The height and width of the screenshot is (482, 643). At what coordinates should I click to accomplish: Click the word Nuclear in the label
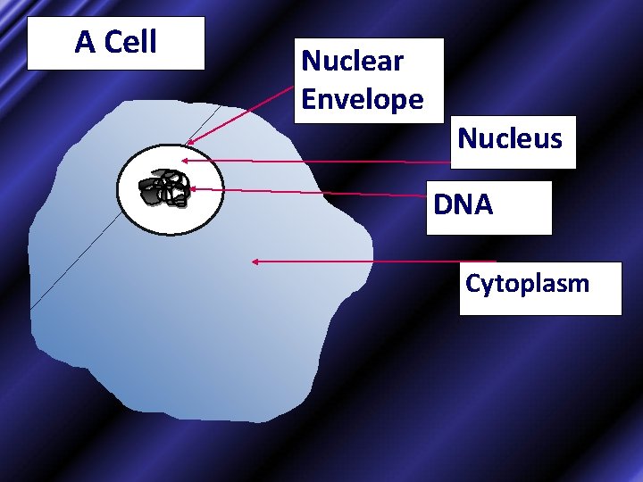point(352,62)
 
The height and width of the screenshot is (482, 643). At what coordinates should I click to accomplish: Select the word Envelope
point(362,99)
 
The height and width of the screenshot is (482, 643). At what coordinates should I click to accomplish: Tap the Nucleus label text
point(510,138)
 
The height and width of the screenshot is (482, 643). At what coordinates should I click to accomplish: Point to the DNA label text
point(463,205)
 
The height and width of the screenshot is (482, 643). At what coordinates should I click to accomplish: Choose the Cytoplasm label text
point(527,284)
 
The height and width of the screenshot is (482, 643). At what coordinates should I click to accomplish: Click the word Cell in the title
point(130,41)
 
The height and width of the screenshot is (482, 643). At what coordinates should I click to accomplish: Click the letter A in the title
point(85,41)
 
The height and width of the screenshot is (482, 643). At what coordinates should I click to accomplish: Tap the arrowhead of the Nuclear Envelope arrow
point(190,140)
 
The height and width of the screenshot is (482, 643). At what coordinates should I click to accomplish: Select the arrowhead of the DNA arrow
point(191,188)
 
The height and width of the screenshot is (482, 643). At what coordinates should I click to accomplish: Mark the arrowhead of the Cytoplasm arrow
point(255,262)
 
